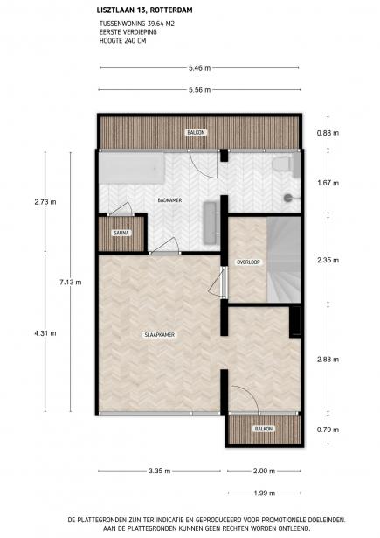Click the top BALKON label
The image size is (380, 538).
(197, 132)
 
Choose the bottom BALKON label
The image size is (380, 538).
(263, 429)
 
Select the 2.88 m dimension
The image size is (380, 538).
(328, 360)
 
